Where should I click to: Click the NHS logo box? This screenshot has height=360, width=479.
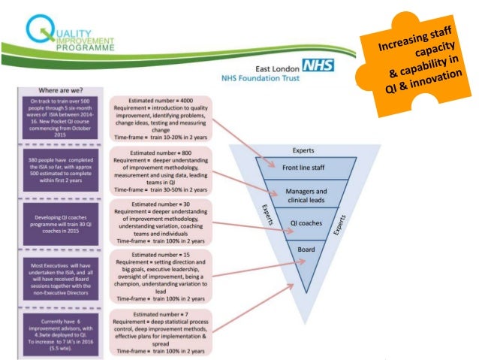[x=318, y=65]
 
